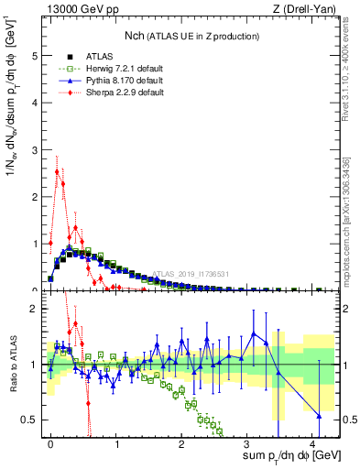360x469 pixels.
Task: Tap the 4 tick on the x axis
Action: [x=314, y=443]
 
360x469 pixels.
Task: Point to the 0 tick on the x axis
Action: [x=50, y=443]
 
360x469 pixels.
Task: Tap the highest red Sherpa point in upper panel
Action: [x=57, y=171]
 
